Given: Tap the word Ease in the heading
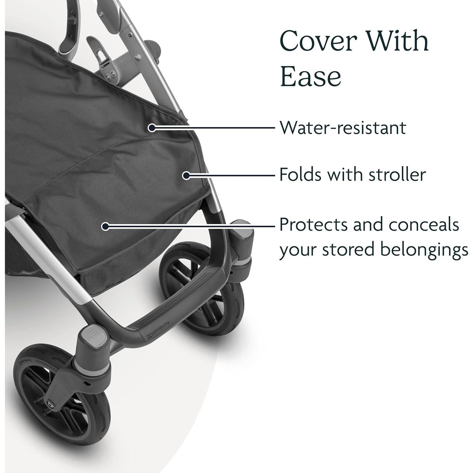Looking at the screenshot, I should (x=310, y=76).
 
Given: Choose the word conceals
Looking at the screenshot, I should (x=424, y=225).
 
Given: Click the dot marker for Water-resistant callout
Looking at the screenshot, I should (x=151, y=127).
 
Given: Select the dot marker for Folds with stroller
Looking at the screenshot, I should (x=186, y=175).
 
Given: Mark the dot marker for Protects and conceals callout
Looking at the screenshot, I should (x=105, y=226).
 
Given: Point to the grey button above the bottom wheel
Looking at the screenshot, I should (x=93, y=338).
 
